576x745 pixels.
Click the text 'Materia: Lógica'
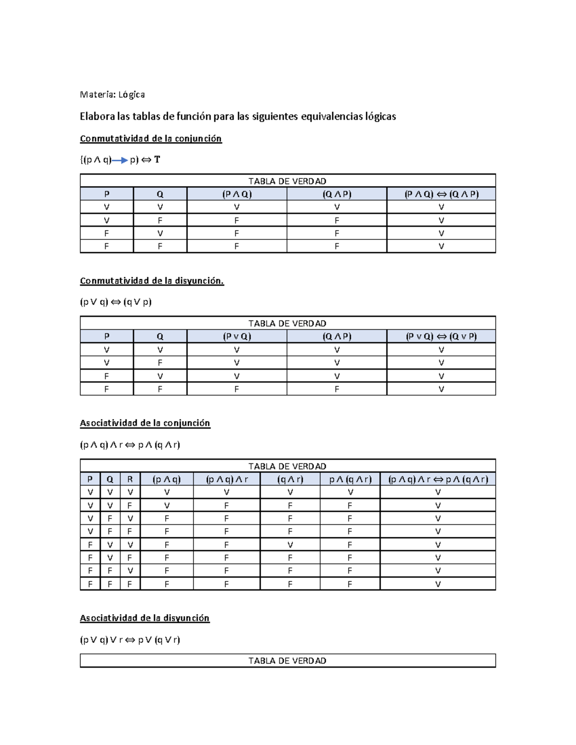pyautogui.click(x=112, y=95)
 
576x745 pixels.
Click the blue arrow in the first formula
pyautogui.click(x=120, y=160)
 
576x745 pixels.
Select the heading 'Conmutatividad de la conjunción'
pyautogui.click(x=151, y=139)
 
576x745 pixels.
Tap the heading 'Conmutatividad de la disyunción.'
pyautogui.click(x=152, y=281)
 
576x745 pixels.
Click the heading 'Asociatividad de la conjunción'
pyautogui.click(x=145, y=423)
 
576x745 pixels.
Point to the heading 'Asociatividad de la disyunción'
pyautogui.click(x=144, y=618)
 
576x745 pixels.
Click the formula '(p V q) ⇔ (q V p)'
pyautogui.click(x=116, y=302)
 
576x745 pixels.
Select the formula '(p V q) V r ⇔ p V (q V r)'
pyautogui.click(x=130, y=639)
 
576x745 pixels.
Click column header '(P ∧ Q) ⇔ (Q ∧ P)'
pyautogui.click(x=441, y=194)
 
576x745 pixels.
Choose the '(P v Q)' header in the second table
pyautogui.click(x=237, y=336)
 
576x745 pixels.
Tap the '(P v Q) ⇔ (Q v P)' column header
pyautogui.click(x=441, y=336)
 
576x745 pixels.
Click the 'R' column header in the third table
pyautogui.click(x=130, y=479)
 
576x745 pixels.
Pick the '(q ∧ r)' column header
pyautogui.click(x=290, y=479)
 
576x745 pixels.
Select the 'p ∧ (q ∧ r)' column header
pyautogui.click(x=350, y=479)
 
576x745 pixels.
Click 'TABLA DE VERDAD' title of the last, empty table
pyautogui.click(x=288, y=661)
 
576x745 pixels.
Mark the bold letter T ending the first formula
pyautogui.click(x=157, y=160)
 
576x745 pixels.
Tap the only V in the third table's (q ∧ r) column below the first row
pyautogui.click(x=290, y=544)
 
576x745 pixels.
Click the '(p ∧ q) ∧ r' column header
pyautogui.click(x=227, y=479)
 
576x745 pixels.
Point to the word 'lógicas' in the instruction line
pyautogui.click(x=380, y=116)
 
